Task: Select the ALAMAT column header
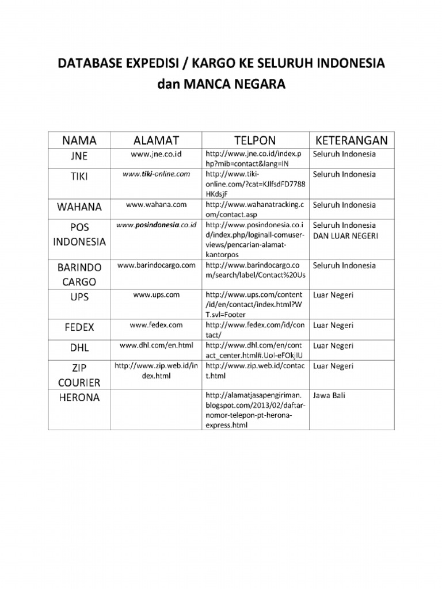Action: (156, 140)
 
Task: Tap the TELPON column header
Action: (255, 140)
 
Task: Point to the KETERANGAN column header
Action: (351, 140)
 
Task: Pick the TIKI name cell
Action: (79, 177)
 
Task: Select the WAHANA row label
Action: (79, 206)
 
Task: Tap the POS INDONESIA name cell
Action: (79, 234)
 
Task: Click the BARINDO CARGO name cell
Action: (79, 274)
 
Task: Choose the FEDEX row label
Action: (79, 327)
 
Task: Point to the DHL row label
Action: (79, 347)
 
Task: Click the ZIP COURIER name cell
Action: (79, 374)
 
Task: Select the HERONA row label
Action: (79, 397)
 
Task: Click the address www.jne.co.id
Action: (156, 154)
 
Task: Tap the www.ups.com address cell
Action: (156, 294)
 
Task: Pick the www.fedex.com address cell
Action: (156, 325)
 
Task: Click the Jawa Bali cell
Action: (333, 396)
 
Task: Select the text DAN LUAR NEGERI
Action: (345, 235)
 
